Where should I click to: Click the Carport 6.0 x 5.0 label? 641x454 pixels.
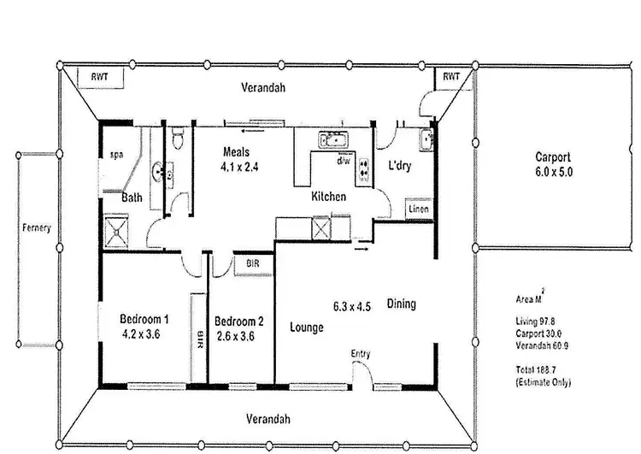point(553,164)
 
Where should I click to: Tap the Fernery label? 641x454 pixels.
point(37,228)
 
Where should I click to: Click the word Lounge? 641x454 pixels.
point(306,327)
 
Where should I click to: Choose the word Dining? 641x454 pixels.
point(401,304)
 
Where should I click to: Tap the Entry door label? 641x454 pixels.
point(361,353)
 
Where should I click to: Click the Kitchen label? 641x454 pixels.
point(328,197)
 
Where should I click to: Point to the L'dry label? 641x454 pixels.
point(399,166)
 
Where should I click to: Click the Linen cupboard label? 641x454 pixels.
point(418,209)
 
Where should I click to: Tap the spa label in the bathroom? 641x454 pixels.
point(117,155)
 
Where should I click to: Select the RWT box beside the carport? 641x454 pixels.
point(450,77)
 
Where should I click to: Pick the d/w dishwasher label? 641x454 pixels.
point(344,160)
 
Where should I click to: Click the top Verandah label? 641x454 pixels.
point(262,88)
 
